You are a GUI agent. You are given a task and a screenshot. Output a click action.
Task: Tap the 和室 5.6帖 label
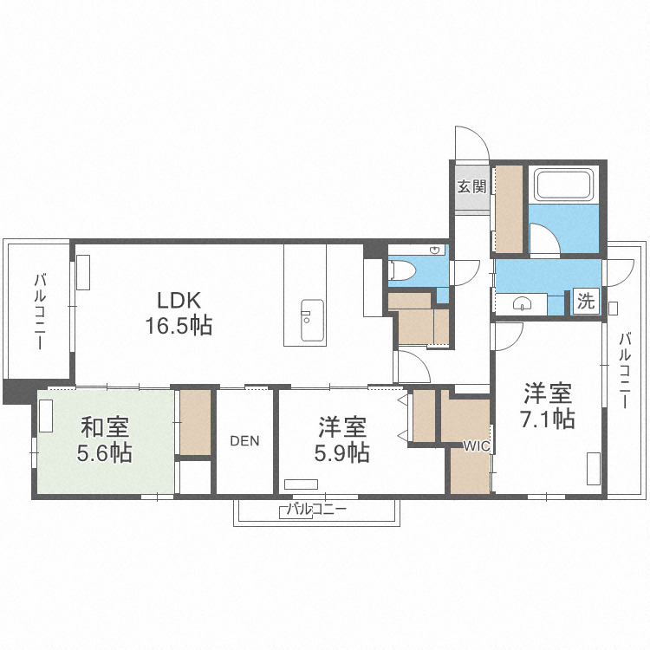coord(107,440)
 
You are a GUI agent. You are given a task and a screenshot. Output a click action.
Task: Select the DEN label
coord(244,440)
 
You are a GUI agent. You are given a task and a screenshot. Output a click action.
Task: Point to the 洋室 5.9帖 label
coord(342,439)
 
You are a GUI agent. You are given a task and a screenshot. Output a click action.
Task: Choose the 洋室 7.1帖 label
coord(548,406)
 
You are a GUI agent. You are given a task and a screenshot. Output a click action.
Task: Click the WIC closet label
coord(476,446)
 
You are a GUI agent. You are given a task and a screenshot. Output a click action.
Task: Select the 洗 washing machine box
coord(587,302)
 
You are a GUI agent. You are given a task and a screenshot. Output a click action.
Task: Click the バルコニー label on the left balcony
coord(40,312)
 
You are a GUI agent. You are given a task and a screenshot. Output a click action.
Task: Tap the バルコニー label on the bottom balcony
coord(316,510)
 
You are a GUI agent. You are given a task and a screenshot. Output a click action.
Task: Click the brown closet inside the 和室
coord(196,423)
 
